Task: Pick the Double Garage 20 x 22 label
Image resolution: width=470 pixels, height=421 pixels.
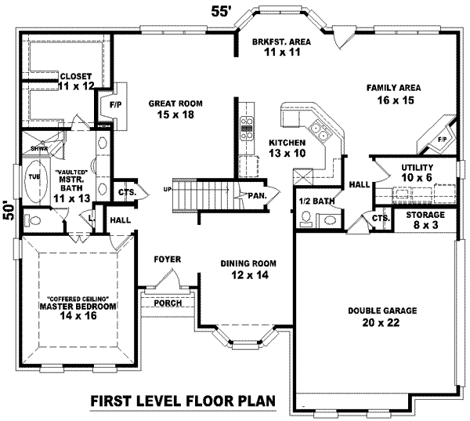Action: pos(382,316)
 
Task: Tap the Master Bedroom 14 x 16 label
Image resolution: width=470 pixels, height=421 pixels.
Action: pos(71,310)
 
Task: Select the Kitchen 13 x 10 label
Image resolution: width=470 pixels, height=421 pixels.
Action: pos(286,147)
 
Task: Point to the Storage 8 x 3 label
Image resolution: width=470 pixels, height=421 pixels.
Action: pos(425,220)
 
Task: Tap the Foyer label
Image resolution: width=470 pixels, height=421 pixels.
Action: pos(167,258)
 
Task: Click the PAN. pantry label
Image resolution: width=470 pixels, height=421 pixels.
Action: pos(255,195)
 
